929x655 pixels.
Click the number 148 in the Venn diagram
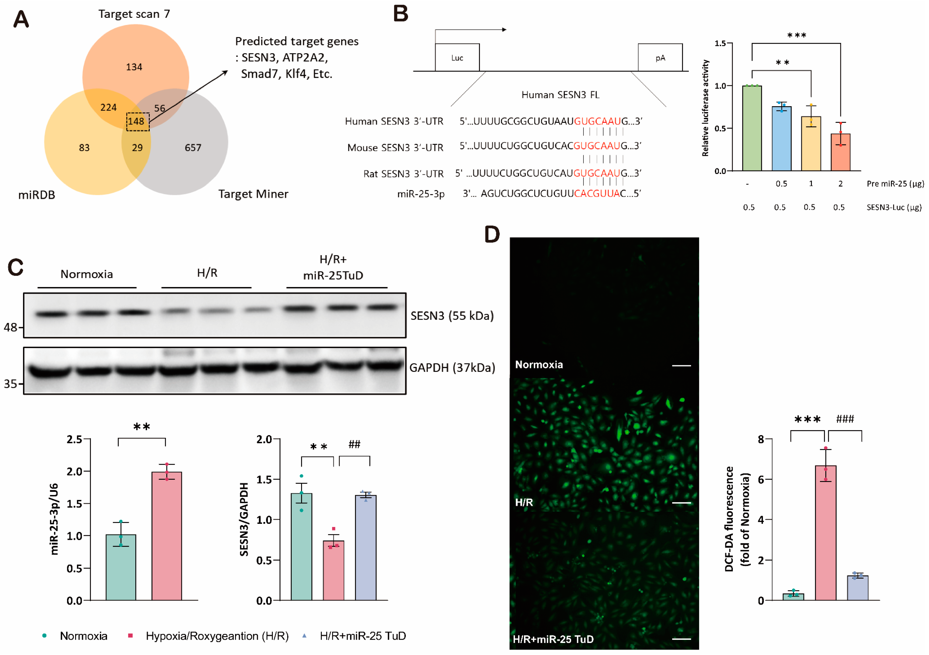pos(136,121)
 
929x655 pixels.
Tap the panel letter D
pos(492,235)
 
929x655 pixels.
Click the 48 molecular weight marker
pos(11,327)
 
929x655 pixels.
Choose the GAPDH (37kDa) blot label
pos(452,367)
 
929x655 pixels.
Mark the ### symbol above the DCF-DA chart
pos(844,419)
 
